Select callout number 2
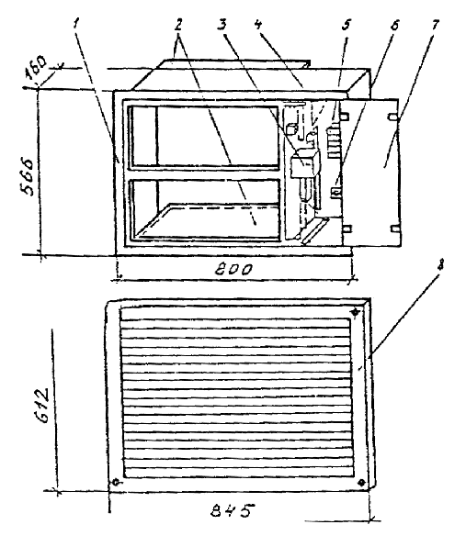point(178,25)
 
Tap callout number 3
point(222,25)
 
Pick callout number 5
point(347,25)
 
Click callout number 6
point(394,26)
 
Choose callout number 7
point(435,25)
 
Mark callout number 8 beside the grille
point(440,266)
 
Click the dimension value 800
point(233,270)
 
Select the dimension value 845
point(232,510)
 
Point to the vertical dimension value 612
point(43,405)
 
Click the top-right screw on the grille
point(356,312)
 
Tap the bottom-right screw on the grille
point(361,482)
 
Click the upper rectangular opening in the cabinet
point(204,136)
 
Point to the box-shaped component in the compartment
point(302,162)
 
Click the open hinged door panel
point(371,173)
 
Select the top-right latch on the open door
point(393,117)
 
